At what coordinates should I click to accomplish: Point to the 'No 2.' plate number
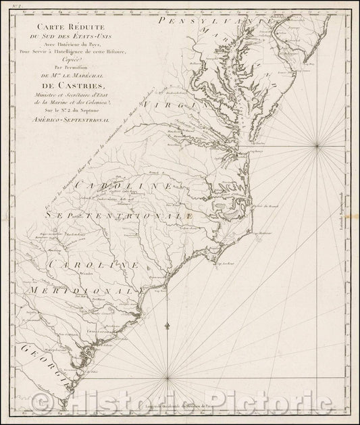tap(9, 5)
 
